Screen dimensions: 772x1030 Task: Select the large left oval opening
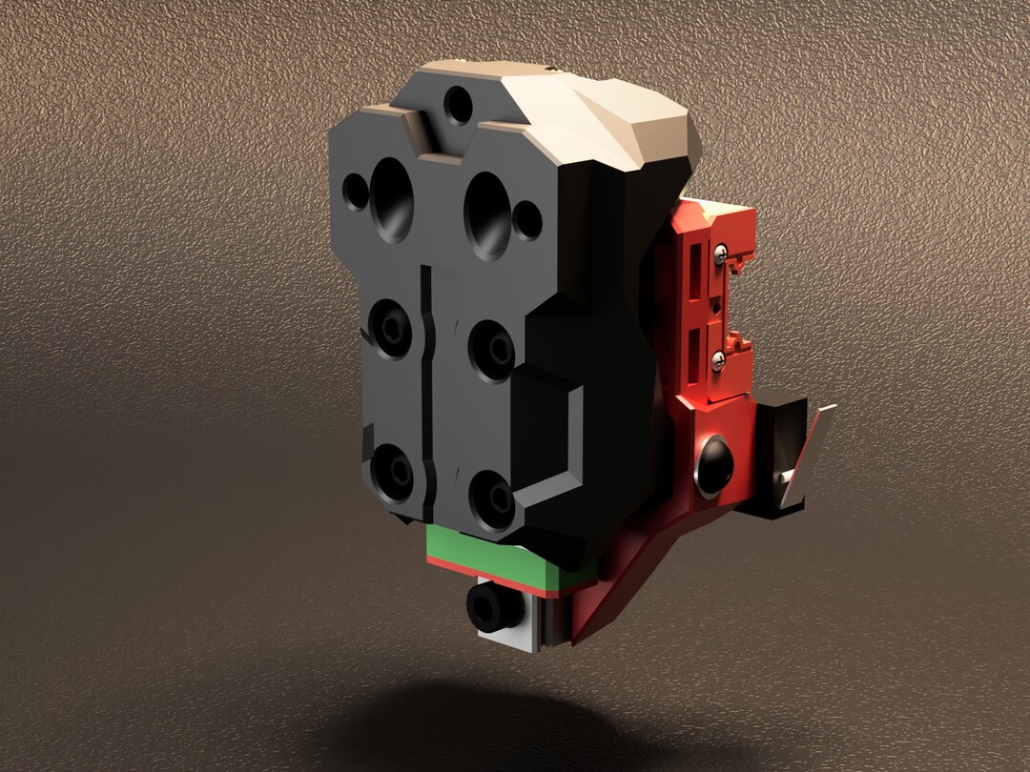[x=393, y=198]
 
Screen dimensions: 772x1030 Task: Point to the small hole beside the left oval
[x=356, y=192]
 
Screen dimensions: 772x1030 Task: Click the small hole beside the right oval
[x=527, y=221]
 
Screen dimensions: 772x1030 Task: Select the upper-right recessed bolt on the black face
[x=492, y=348]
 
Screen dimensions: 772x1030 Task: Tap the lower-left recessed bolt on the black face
[x=392, y=471]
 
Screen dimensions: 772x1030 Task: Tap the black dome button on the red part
[x=714, y=463]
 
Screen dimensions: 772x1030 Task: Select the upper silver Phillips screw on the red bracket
[x=721, y=253]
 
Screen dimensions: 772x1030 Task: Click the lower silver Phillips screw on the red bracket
[x=723, y=357]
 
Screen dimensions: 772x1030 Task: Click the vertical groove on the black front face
[x=423, y=381]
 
